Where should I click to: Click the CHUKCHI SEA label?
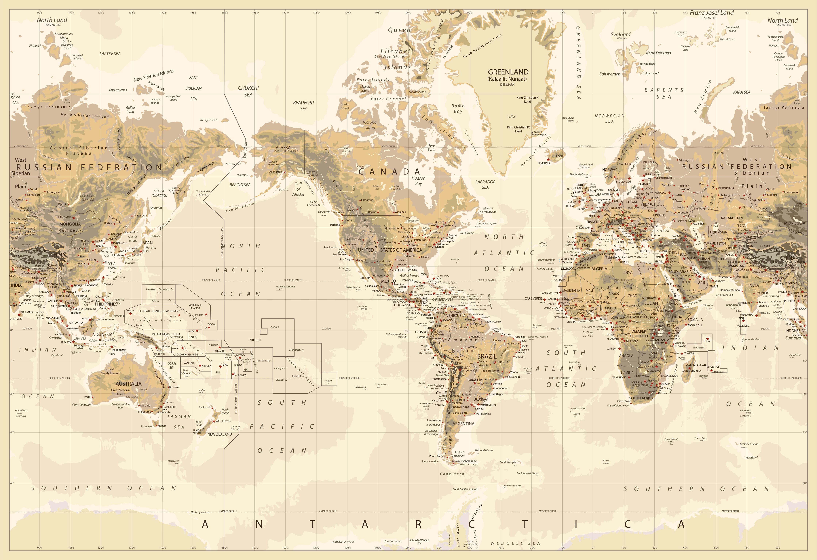click(248, 91)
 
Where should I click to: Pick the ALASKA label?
click(283, 147)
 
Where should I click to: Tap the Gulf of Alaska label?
click(298, 189)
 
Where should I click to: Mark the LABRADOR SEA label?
click(485, 184)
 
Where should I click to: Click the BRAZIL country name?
click(487, 356)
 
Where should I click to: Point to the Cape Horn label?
click(452, 474)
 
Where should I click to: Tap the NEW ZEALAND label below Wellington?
click(220, 434)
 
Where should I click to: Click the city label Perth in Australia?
click(87, 397)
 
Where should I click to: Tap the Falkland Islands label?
click(484, 450)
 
